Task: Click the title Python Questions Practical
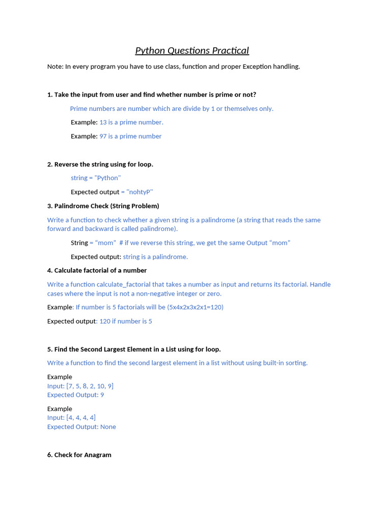pyautogui.click(x=192, y=50)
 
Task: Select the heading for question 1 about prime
pyautogui.click(x=152, y=95)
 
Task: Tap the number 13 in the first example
pyautogui.click(x=103, y=122)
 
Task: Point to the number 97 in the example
pyautogui.click(x=103, y=136)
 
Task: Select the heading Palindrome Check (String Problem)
pyautogui.click(x=103, y=206)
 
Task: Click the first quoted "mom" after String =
pyautogui.click(x=105, y=243)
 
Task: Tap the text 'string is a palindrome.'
pyautogui.click(x=155, y=257)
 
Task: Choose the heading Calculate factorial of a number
pyautogui.click(x=97, y=271)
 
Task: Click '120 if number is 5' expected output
pyautogui.click(x=126, y=322)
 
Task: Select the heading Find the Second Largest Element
pyautogui.click(x=134, y=350)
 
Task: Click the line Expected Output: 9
pyautogui.click(x=75, y=395)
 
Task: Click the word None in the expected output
pyautogui.click(x=108, y=427)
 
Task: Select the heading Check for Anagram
pyautogui.click(x=79, y=455)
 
